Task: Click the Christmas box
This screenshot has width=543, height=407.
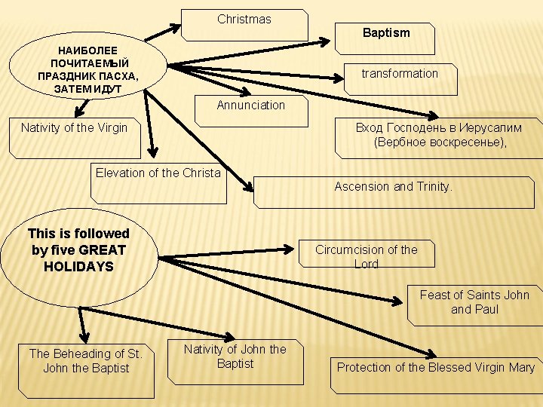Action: pos(244,24)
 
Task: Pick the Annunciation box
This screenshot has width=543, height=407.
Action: pos(251,109)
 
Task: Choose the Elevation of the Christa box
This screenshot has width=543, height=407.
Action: pos(158,183)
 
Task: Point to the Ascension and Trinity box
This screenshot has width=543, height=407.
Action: pos(393,191)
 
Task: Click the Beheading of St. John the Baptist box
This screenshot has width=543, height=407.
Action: pos(86,369)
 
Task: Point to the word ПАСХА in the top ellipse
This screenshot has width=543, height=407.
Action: pos(120,75)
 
